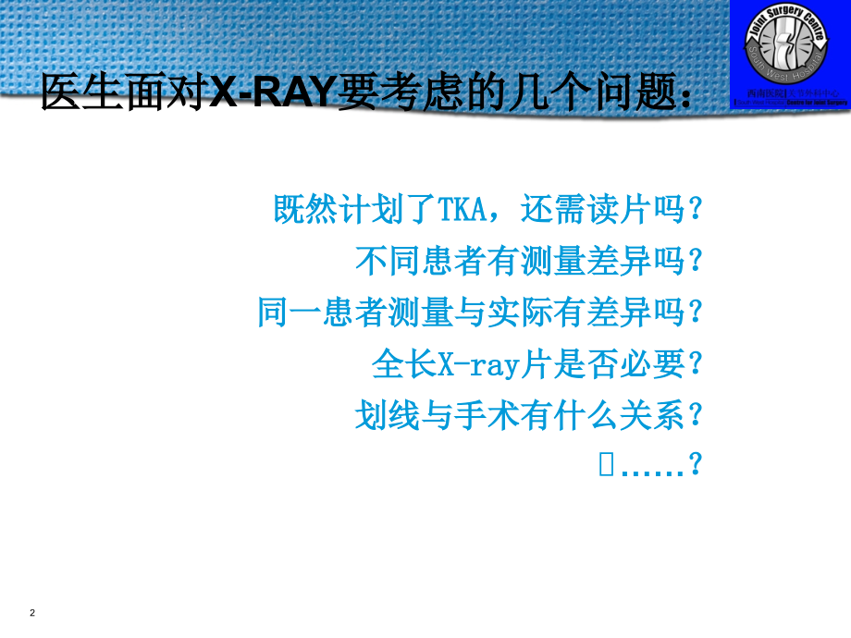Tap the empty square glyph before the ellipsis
tap(607, 466)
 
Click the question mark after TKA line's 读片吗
tap(697, 210)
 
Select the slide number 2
tap(32, 613)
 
